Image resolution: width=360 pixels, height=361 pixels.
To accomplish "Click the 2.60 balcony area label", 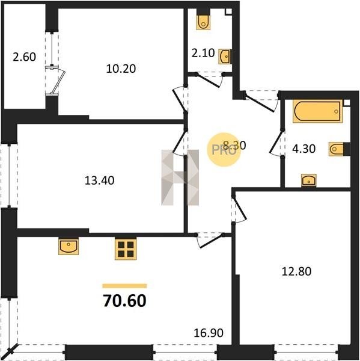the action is point(25,57).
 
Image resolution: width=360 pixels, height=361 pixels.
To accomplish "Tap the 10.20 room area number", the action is point(121,69).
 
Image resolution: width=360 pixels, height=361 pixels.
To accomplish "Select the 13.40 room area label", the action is point(99,180).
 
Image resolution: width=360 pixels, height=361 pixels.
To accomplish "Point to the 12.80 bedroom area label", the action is point(296,271).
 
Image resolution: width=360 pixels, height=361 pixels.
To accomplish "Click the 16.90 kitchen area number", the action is point(209,333).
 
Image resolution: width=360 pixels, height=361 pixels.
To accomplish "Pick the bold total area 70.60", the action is point(124,301).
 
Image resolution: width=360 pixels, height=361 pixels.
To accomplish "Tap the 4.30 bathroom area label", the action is point(304,149).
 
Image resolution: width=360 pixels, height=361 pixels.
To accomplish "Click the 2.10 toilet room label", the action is point(203,53).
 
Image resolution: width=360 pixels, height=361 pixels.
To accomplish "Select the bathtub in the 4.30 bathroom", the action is point(318,111).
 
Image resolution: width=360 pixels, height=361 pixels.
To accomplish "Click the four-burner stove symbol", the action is point(126,249).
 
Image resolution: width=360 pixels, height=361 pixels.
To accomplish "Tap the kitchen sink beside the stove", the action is point(69,246).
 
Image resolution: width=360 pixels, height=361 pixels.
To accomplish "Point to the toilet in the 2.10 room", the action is point(203,22).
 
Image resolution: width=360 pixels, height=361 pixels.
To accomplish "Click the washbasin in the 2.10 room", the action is point(225,56).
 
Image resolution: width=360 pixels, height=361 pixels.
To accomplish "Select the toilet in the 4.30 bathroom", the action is point(336,149).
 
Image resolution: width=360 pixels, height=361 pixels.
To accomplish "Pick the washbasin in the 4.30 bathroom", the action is point(309,180).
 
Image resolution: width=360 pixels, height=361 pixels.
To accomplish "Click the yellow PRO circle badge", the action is point(224,149).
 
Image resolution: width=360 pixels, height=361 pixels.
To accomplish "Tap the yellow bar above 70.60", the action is point(124,286).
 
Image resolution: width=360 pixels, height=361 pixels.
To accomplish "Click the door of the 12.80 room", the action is point(239,209).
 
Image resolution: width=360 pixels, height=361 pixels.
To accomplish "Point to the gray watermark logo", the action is point(180,177).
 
